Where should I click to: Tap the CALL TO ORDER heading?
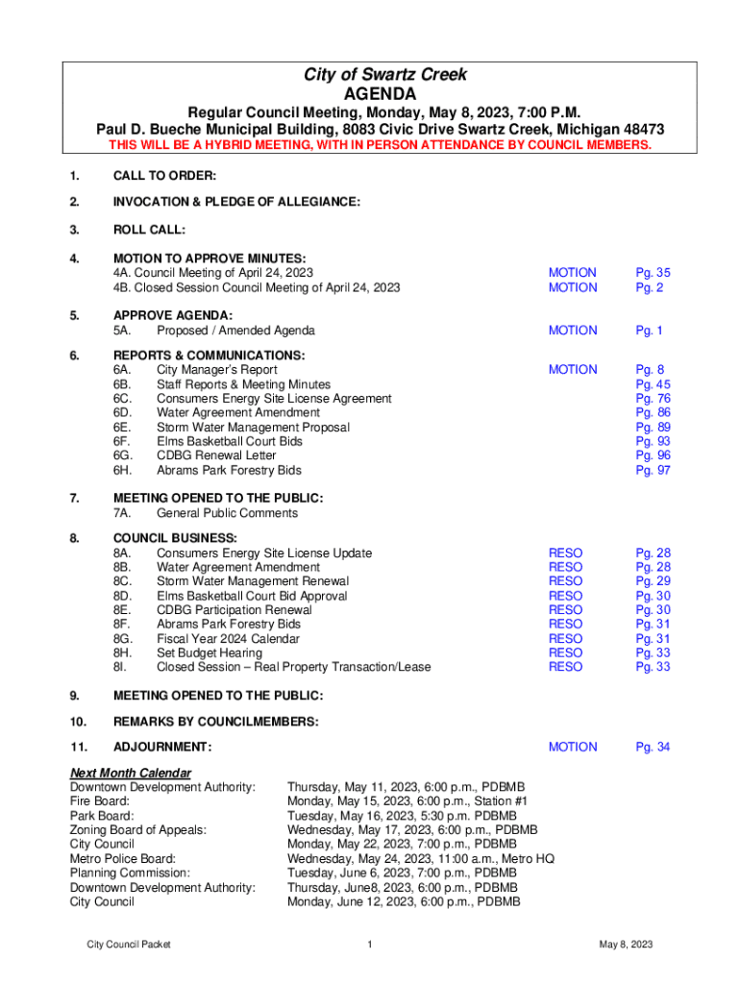tap(164, 176)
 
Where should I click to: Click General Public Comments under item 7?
tap(227, 513)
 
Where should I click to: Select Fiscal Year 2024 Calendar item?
tap(228, 638)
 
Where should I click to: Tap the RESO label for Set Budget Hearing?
tap(565, 652)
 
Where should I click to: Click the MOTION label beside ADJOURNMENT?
tap(572, 747)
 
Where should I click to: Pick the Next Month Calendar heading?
tap(131, 774)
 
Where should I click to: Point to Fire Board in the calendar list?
tap(100, 801)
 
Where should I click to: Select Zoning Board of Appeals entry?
tap(138, 829)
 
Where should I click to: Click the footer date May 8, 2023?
tap(626, 945)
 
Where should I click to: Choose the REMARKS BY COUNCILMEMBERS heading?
tap(215, 722)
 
